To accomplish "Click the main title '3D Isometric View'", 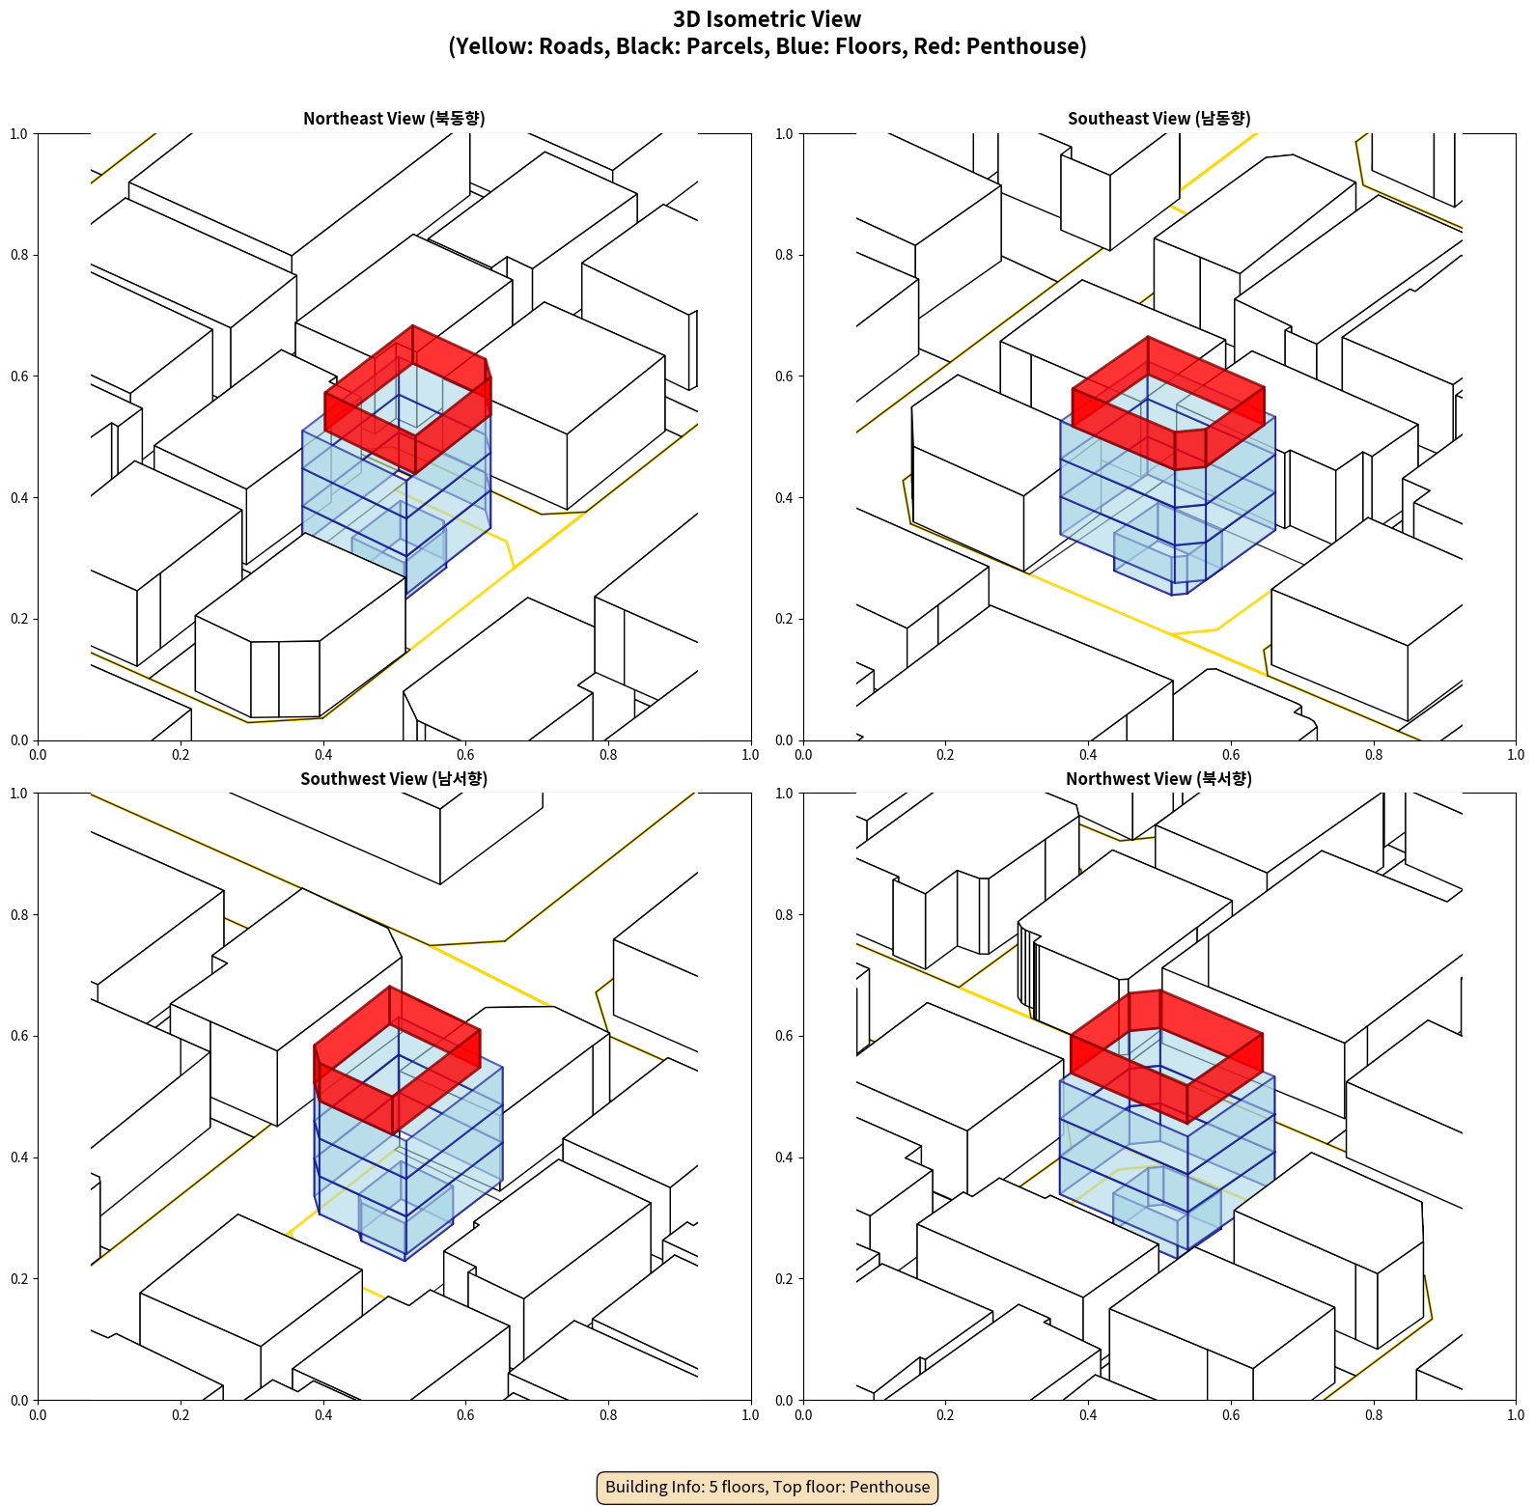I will pyautogui.click(x=767, y=19).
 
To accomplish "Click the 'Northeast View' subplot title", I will pyautogui.click(x=394, y=119).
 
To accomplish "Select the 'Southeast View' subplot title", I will pyautogui.click(x=1158, y=119).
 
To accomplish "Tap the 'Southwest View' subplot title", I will pyautogui.click(x=394, y=779).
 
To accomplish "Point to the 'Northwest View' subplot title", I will pyautogui.click(x=1158, y=779).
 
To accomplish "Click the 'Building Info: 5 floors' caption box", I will pyautogui.click(x=767, y=1487).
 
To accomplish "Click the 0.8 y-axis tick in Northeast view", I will pyautogui.click(x=19, y=255).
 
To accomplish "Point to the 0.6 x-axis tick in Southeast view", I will pyautogui.click(x=1231, y=755).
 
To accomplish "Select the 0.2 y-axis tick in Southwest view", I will pyautogui.click(x=19, y=1279).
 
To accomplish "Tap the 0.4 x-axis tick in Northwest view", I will pyautogui.click(x=1088, y=1415).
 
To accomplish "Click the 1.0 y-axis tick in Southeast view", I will pyautogui.click(x=785, y=133).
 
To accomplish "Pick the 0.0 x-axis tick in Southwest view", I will pyautogui.click(x=38, y=1415).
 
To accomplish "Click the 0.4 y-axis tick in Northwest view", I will pyautogui.click(x=785, y=1157).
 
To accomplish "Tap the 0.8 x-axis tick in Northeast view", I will pyautogui.click(x=608, y=755).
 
